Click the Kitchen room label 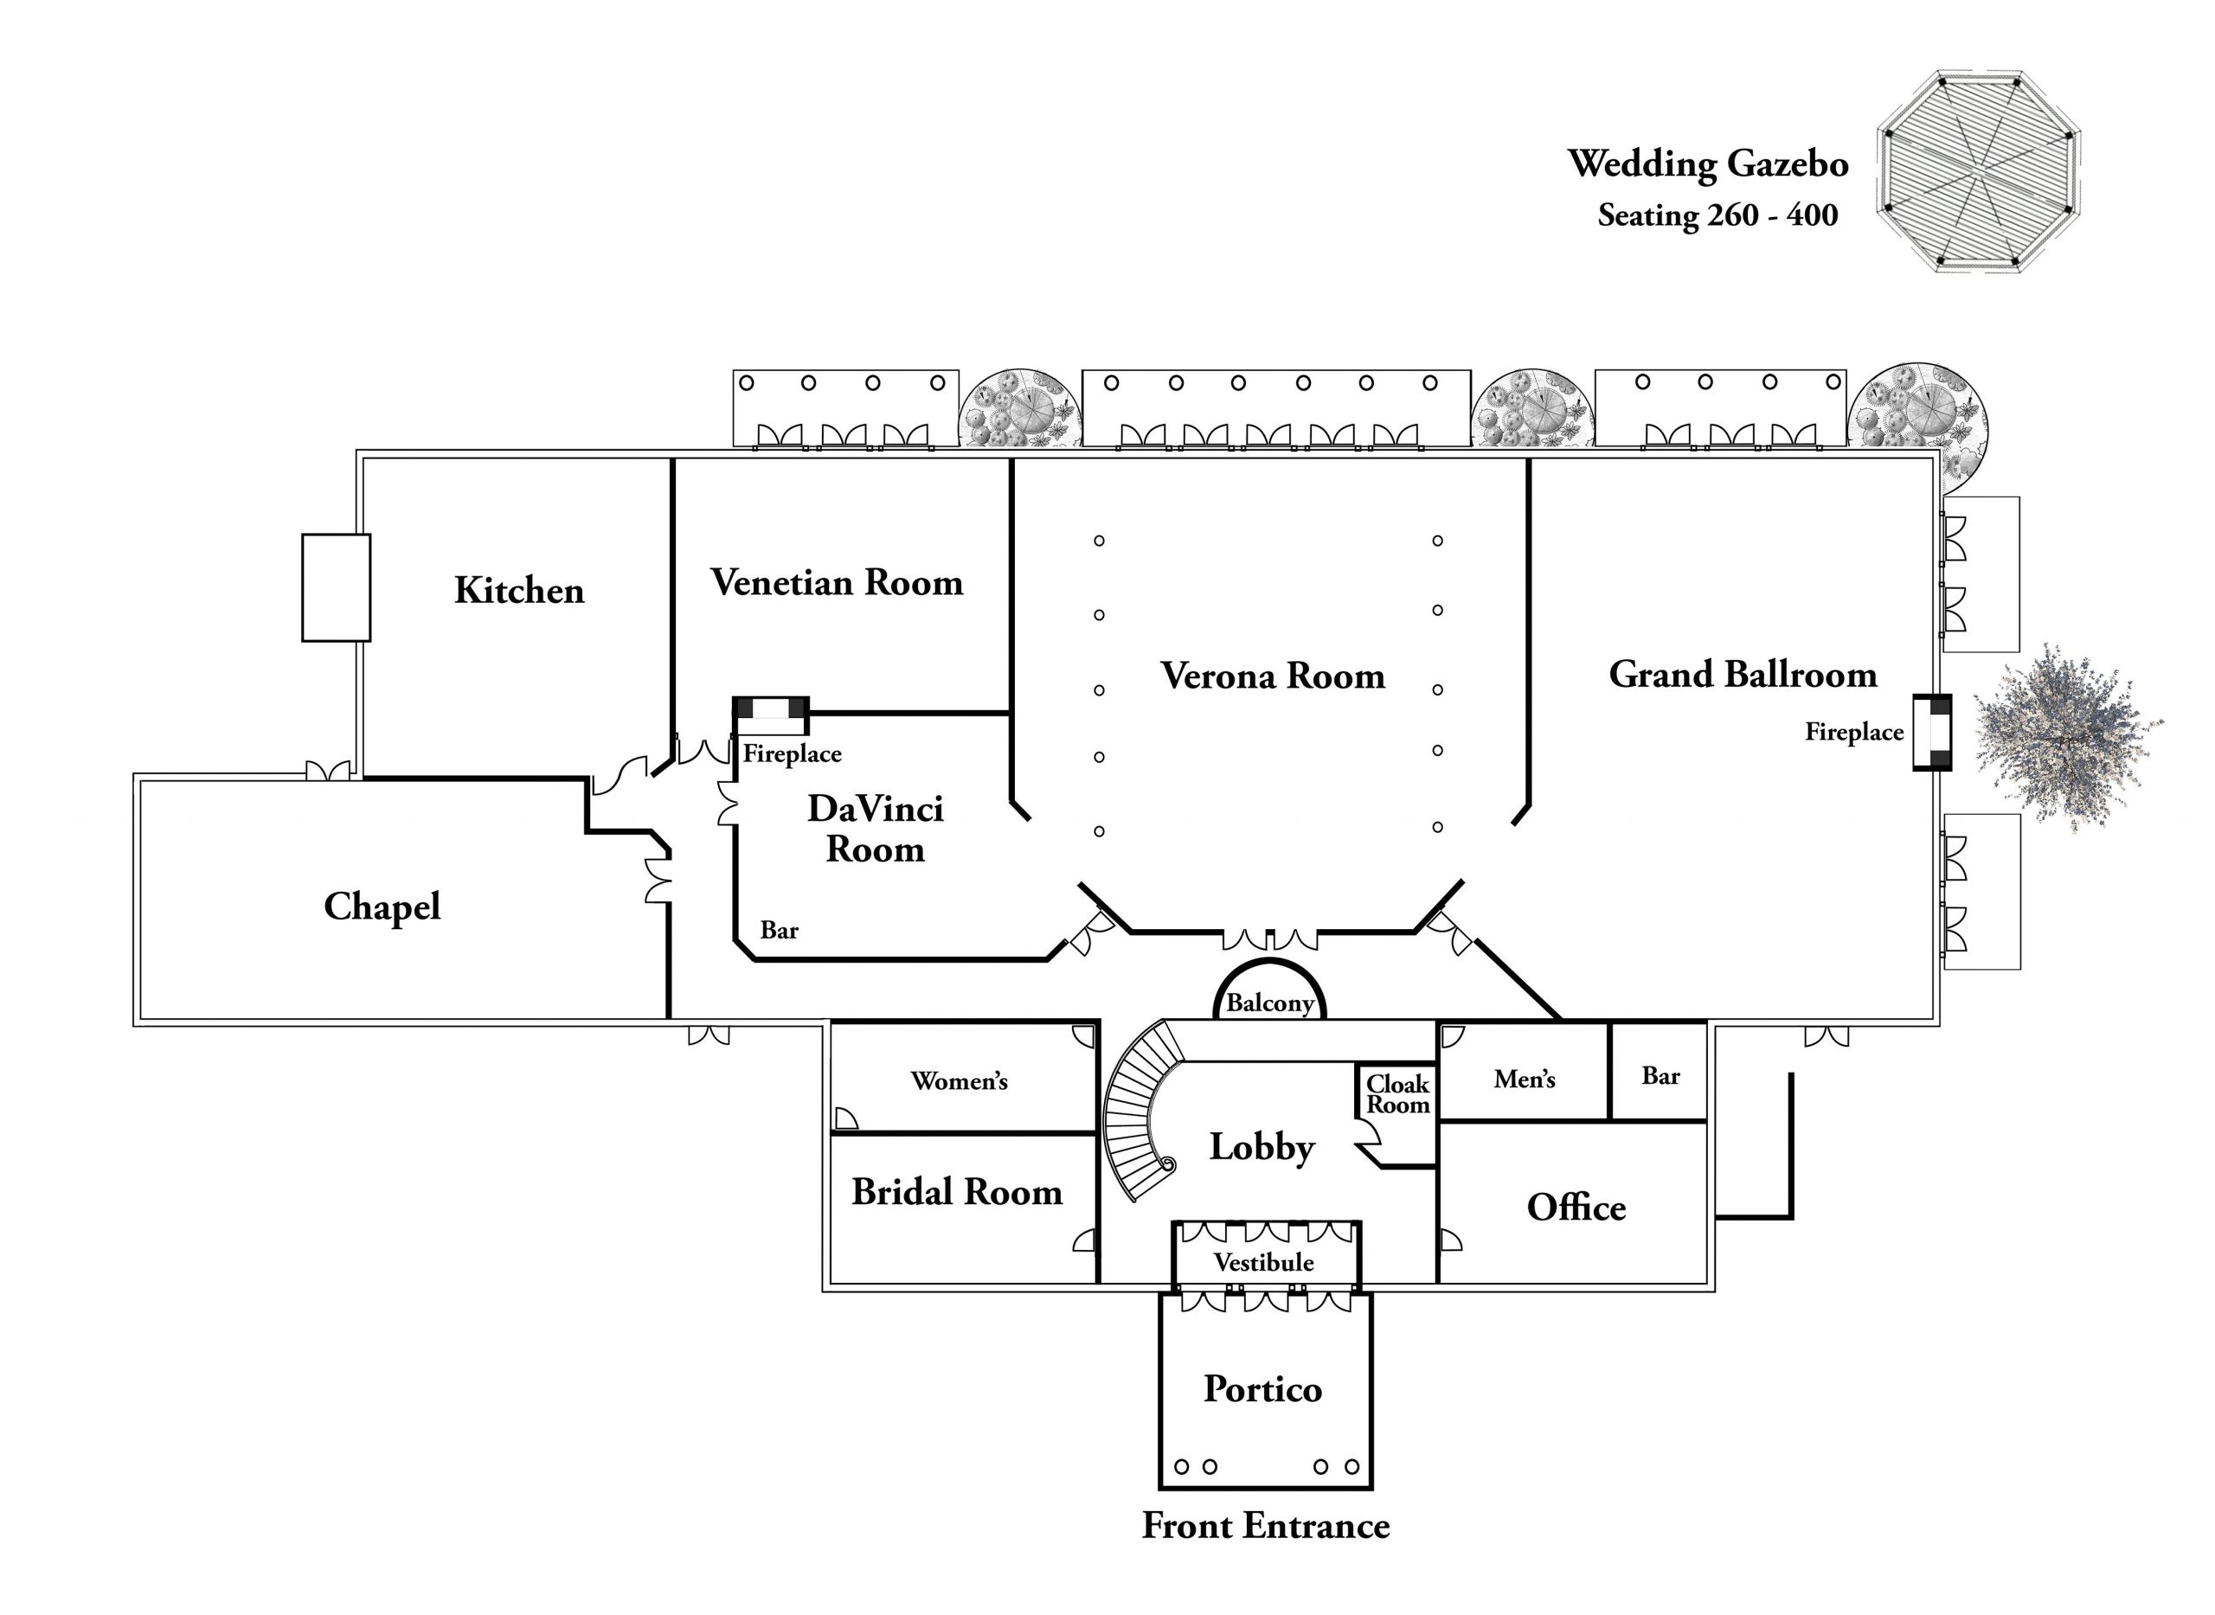click(519, 591)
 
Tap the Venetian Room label click(837, 583)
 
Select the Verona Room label click(1272, 676)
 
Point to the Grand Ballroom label click(1743, 675)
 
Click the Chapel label click(382, 907)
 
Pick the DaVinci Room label click(876, 829)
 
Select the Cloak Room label click(1397, 1095)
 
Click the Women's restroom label click(959, 1081)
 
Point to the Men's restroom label click(1524, 1080)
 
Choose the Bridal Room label click(956, 1193)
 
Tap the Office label click(1576, 1208)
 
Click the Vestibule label click(1263, 1263)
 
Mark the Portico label click(1262, 1390)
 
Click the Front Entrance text click(1266, 1526)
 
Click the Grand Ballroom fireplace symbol click(1932, 732)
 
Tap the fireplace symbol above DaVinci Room click(771, 715)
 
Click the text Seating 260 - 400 click(1717, 215)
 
